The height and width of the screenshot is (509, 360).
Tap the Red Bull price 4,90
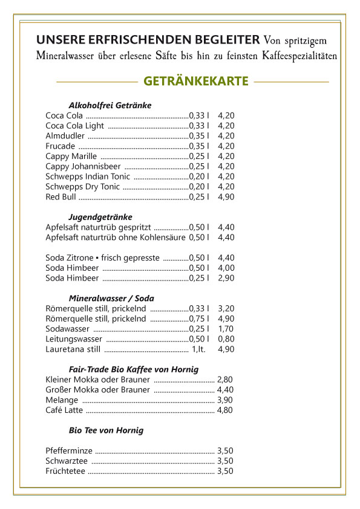coord(226,197)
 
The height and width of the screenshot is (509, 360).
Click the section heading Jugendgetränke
coord(100,216)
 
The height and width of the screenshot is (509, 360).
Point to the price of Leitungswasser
coord(226,339)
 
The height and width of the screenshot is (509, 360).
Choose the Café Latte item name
coord(65,410)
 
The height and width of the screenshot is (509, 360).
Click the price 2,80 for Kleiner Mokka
coord(225,379)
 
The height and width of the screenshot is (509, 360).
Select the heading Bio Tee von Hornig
coord(106,430)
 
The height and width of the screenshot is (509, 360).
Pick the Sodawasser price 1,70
coord(226,329)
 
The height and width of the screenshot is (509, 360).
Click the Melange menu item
coord(62,400)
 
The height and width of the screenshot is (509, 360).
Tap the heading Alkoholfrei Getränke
coord(110,105)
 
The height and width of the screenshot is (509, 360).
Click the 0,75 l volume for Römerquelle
coord(199,319)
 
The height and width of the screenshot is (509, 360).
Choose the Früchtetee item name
coord(65,471)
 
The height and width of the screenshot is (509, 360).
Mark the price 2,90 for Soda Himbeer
coord(226,278)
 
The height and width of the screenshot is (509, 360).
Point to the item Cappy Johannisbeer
coord(83,166)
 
